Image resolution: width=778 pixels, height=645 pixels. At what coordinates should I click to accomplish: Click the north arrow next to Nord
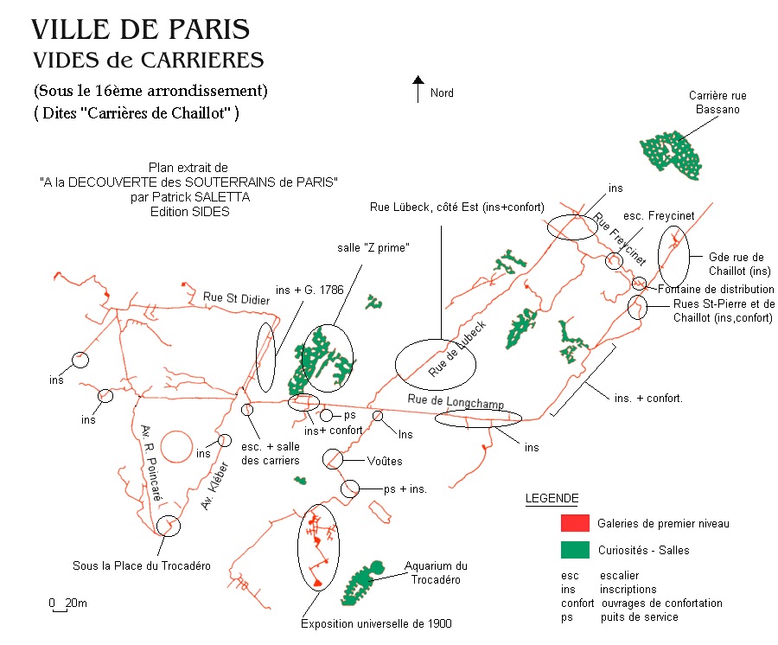click(418, 89)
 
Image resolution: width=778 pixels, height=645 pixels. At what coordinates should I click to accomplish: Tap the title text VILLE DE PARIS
click(140, 29)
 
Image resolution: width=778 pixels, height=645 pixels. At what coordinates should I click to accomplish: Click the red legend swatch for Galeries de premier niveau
click(574, 523)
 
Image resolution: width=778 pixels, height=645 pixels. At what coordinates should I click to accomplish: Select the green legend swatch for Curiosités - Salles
click(574, 549)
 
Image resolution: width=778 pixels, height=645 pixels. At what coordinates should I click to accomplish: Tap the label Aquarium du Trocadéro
click(436, 572)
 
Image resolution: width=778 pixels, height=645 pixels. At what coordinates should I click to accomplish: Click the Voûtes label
click(385, 461)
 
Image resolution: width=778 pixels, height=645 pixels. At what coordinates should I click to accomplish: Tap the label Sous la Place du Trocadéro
click(141, 566)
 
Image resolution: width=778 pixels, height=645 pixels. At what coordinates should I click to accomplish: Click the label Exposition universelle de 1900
click(376, 623)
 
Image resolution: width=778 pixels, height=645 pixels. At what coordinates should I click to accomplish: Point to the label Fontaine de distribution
click(716, 289)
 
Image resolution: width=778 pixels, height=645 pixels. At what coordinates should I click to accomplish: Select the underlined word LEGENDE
click(552, 499)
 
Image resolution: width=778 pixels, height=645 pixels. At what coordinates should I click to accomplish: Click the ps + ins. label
click(404, 489)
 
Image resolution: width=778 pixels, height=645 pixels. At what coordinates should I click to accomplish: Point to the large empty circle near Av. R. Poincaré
click(176, 446)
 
